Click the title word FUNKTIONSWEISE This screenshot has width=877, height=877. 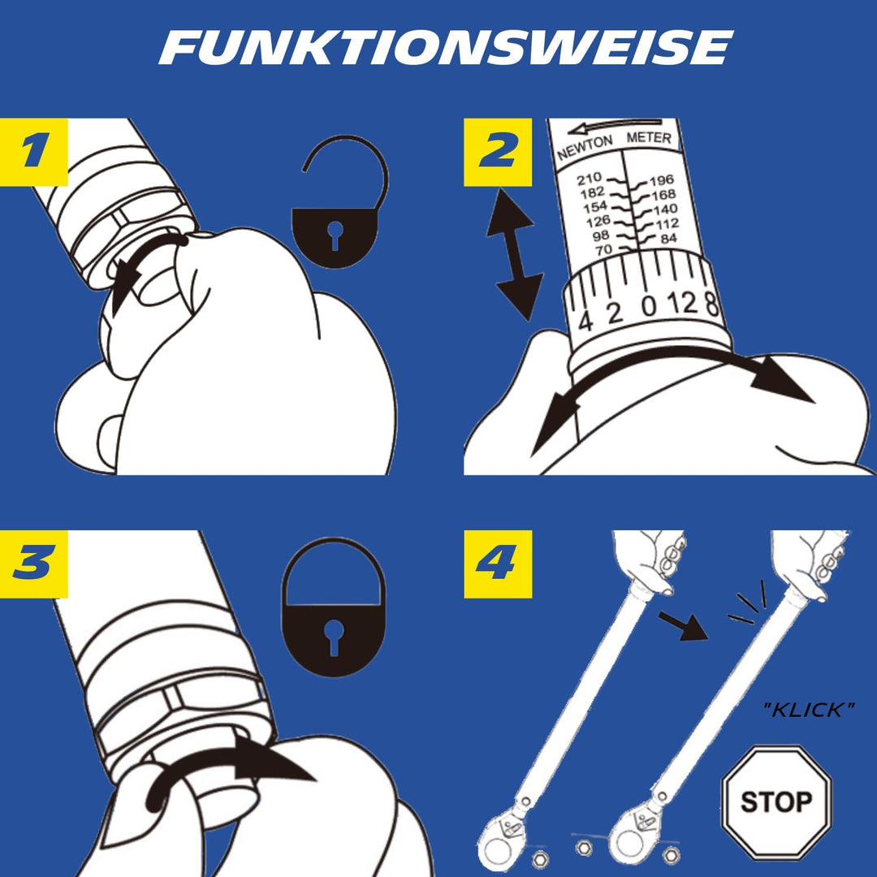point(445,49)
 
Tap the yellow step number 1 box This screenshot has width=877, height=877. point(33,153)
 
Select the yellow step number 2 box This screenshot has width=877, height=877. point(498,153)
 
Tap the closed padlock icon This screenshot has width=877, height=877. point(333,607)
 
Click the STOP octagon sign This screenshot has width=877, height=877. point(776,802)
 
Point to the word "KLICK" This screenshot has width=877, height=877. point(809,711)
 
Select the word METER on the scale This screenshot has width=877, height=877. point(649,139)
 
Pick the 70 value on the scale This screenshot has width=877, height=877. point(603,249)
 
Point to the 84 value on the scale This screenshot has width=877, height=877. point(668,238)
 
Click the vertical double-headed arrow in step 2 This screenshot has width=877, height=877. point(515,253)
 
